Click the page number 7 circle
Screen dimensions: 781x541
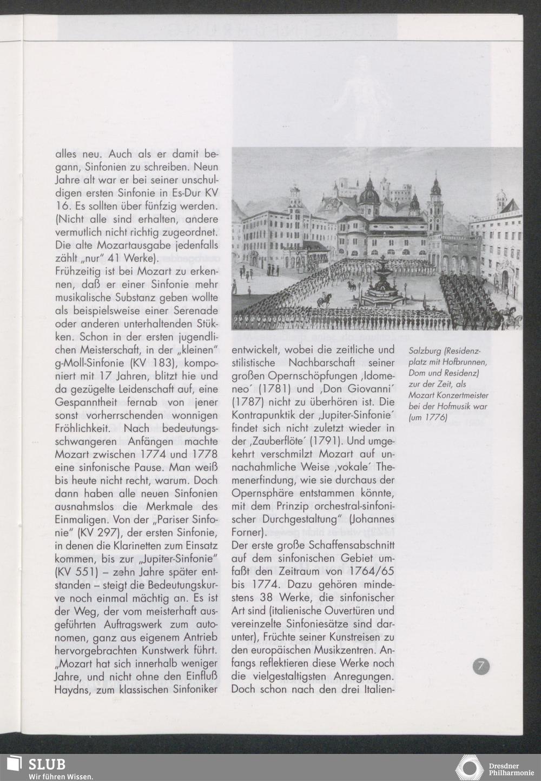pyautogui.click(x=481, y=666)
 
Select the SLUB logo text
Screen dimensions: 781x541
pyautogui.click(x=47, y=763)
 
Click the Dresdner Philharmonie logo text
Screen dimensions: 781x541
pyautogui.click(x=504, y=769)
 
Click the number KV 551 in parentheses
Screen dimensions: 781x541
pyautogui.click(x=76, y=571)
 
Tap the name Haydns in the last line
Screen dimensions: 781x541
pyautogui.click(x=74, y=689)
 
